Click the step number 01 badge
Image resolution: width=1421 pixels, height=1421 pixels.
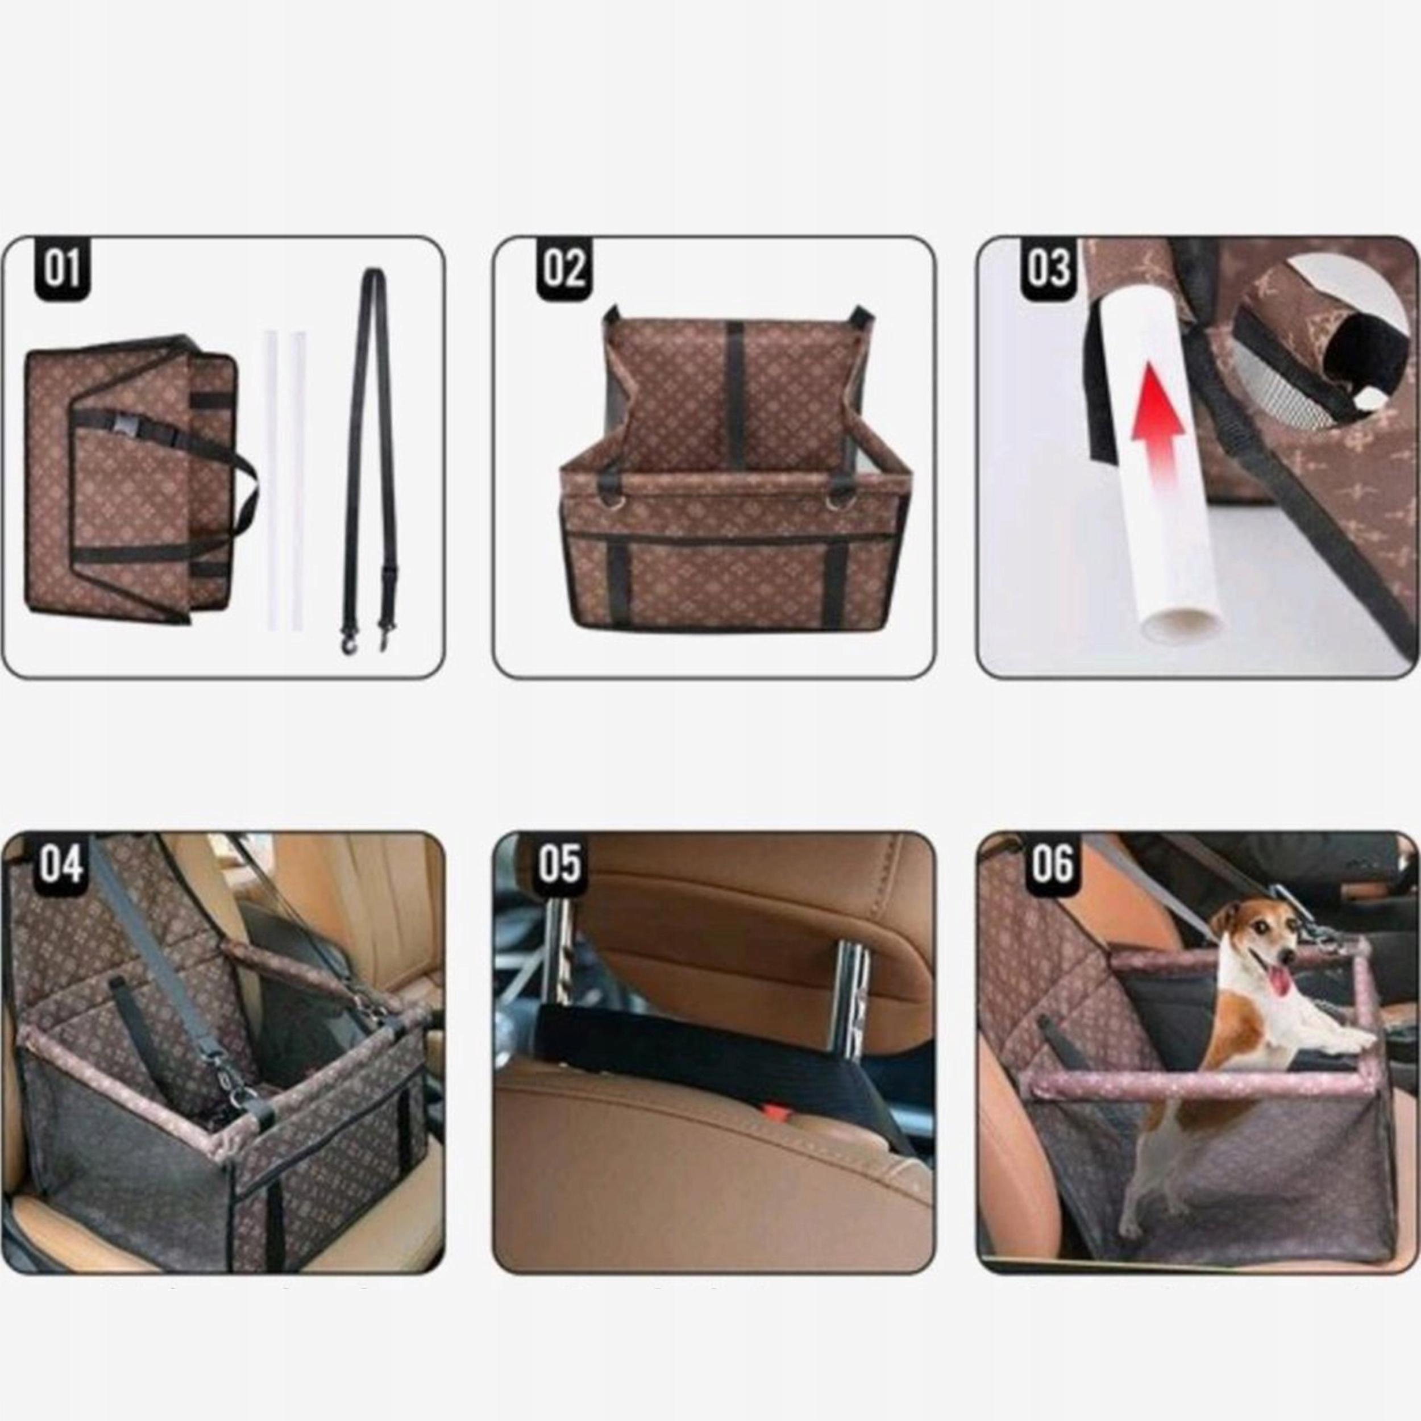63,269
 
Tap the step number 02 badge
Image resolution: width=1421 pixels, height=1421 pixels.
564,269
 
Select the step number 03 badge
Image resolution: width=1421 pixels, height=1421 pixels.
1049,269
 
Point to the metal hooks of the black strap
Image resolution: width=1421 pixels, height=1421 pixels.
365,639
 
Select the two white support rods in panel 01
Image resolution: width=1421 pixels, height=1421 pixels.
285,482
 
